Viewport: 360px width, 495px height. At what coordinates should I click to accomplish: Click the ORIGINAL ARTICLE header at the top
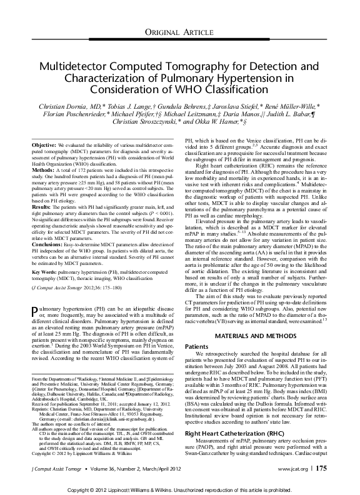coord(179,32)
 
